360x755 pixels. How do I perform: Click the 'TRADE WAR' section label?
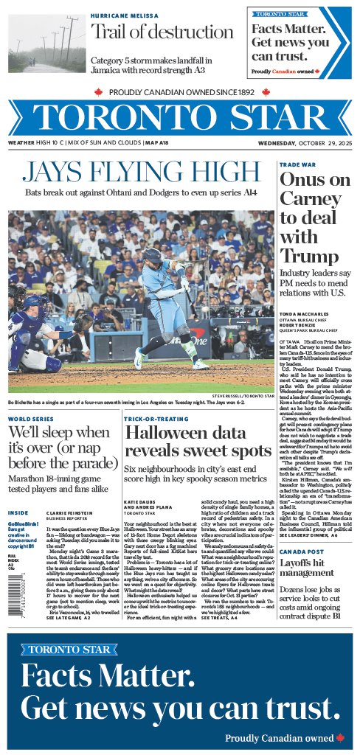pyautogui.click(x=294, y=164)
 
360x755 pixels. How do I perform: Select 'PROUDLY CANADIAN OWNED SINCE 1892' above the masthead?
pyautogui.click(x=181, y=92)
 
